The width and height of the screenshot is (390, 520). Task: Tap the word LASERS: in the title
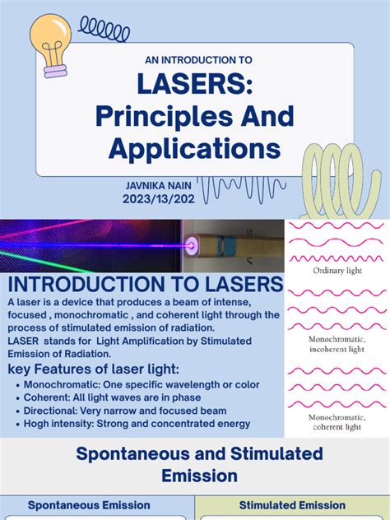point(195,86)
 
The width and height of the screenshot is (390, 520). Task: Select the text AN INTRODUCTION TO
point(195,60)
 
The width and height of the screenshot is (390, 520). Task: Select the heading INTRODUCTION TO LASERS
point(145,286)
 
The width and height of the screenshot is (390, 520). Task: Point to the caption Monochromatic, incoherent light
point(337,344)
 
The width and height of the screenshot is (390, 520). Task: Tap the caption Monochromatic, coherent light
point(337,421)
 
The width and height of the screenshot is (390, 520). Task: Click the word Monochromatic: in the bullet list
point(63,384)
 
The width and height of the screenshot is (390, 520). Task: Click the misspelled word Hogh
point(38,424)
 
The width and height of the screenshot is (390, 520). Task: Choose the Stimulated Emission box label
point(292,505)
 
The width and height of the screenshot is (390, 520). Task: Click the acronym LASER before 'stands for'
point(26,341)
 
